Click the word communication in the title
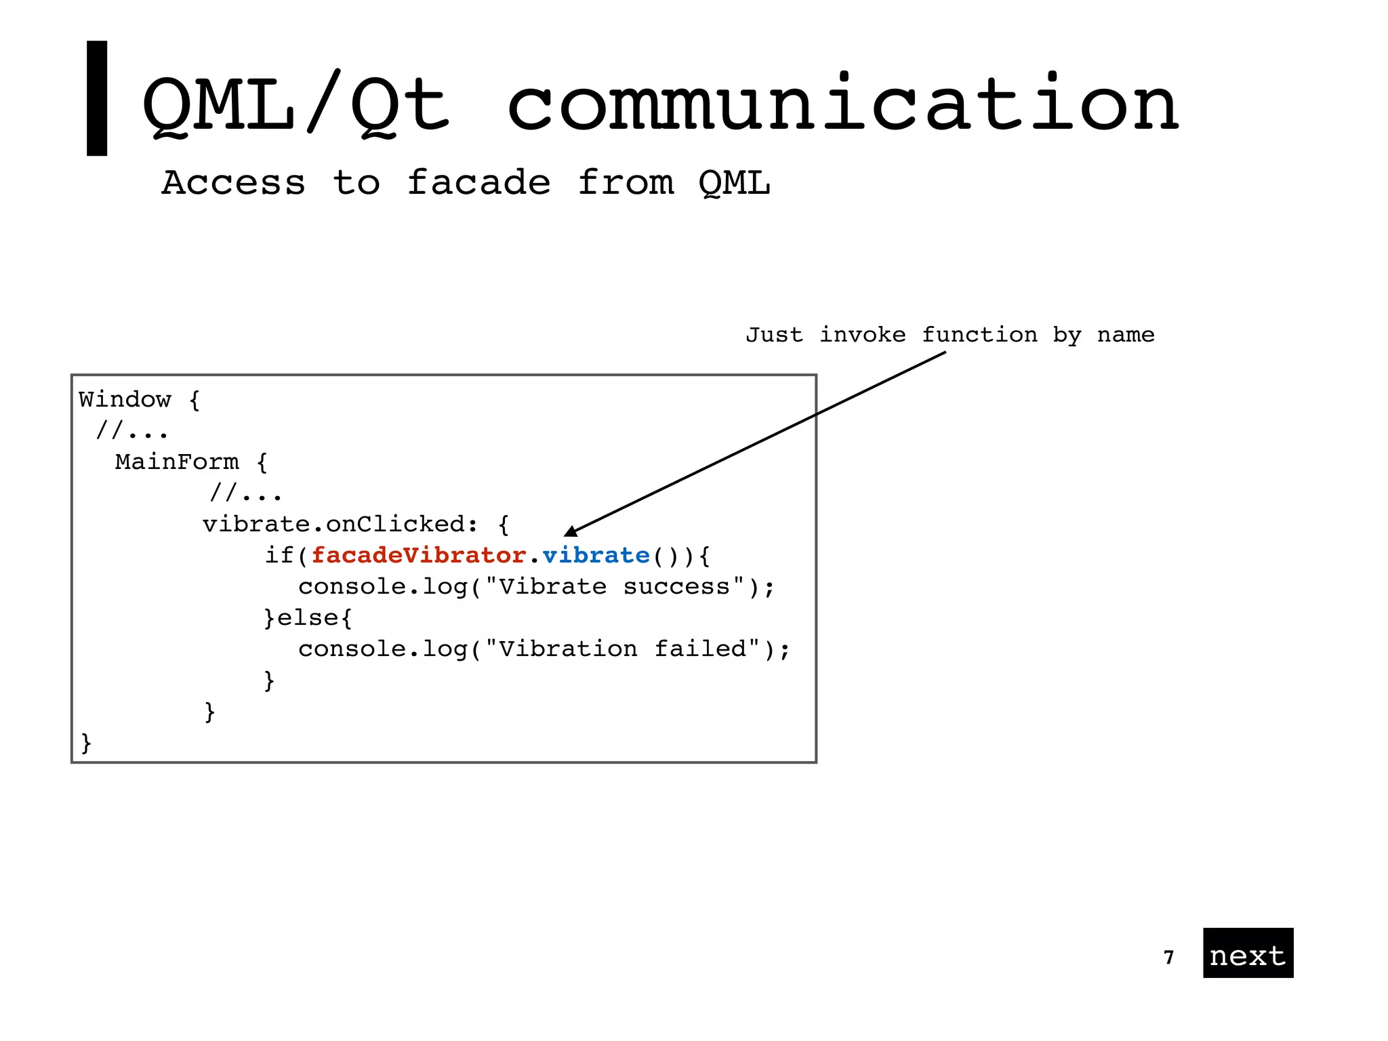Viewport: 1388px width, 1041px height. [x=843, y=105]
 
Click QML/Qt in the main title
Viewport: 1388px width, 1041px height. [x=295, y=105]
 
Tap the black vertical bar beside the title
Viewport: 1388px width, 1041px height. [x=97, y=98]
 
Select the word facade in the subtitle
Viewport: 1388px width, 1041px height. [x=478, y=183]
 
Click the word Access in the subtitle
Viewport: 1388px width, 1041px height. [x=233, y=183]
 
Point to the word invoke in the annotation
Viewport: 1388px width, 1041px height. [x=862, y=335]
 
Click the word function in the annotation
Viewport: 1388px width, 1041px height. [x=979, y=335]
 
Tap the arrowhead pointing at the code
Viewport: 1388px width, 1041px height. [x=571, y=531]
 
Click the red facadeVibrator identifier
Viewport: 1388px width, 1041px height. [x=418, y=556]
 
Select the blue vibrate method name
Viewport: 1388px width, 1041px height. [x=596, y=556]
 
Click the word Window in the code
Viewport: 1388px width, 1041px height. [x=125, y=399]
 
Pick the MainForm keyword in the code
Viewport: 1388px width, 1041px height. [x=177, y=462]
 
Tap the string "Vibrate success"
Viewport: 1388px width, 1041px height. [x=614, y=587]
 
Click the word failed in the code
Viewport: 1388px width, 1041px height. [x=701, y=649]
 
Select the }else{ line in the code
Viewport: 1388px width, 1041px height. [x=308, y=618]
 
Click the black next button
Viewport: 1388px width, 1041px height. [x=1248, y=953]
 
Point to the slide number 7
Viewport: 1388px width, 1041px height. [x=1168, y=957]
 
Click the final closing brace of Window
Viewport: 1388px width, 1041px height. [x=85, y=743]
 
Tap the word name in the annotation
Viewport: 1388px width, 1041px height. [x=1126, y=335]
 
